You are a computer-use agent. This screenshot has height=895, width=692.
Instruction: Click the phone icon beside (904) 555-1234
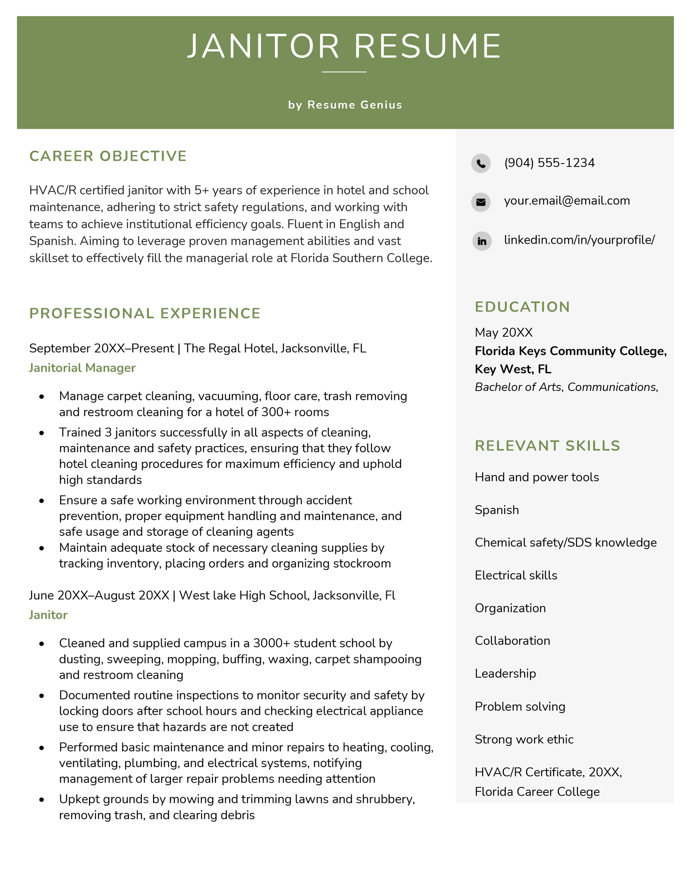481,163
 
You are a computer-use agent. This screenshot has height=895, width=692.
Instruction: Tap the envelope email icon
481,202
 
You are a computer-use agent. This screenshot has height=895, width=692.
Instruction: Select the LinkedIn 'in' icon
481,241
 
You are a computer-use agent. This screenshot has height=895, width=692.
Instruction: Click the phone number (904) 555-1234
549,163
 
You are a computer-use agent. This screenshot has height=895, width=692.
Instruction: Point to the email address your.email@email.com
567,201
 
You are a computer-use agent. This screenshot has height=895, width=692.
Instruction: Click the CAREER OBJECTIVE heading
108,156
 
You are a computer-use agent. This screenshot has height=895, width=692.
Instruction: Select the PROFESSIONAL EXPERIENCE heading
145,313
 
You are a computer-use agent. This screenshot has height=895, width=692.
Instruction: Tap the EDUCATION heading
522,307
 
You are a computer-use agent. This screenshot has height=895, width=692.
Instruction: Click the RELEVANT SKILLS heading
547,446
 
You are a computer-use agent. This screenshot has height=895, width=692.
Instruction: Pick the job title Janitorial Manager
82,368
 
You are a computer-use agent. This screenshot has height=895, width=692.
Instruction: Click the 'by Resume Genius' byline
345,105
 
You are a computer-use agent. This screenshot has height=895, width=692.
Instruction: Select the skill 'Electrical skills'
516,575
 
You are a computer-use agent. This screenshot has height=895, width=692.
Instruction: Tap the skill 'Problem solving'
520,706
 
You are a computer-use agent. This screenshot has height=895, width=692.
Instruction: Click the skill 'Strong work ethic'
524,739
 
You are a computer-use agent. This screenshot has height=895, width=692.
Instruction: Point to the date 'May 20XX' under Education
503,332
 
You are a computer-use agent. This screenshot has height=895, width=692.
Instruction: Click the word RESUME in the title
427,46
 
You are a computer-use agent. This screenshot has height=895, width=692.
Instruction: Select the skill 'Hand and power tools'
537,477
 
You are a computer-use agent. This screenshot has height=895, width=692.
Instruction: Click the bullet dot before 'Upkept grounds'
42,800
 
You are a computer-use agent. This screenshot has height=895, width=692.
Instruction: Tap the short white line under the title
344,72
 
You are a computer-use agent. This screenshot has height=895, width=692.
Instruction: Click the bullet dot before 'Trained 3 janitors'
42,433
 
